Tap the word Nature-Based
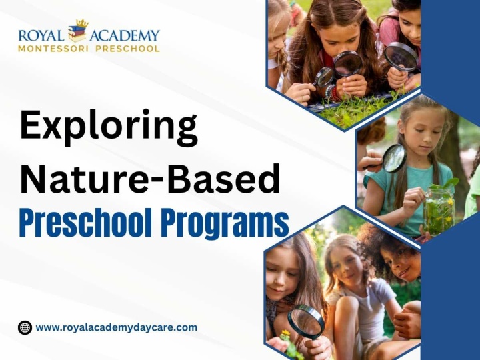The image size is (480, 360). click(150, 179)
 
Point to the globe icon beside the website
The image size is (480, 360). click(25, 327)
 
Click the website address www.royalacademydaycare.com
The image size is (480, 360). click(116, 327)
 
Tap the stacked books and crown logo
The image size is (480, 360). click(78, 31)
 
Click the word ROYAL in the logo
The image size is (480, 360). click(41, 35)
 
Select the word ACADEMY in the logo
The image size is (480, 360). click(125, 35)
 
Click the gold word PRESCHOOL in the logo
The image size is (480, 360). click(127, 49)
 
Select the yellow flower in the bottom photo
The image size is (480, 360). click(285, 333)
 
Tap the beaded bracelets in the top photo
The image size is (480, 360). click(332, 92)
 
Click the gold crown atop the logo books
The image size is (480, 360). click(82, 23)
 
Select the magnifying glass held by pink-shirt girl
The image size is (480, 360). click(401, 57)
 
